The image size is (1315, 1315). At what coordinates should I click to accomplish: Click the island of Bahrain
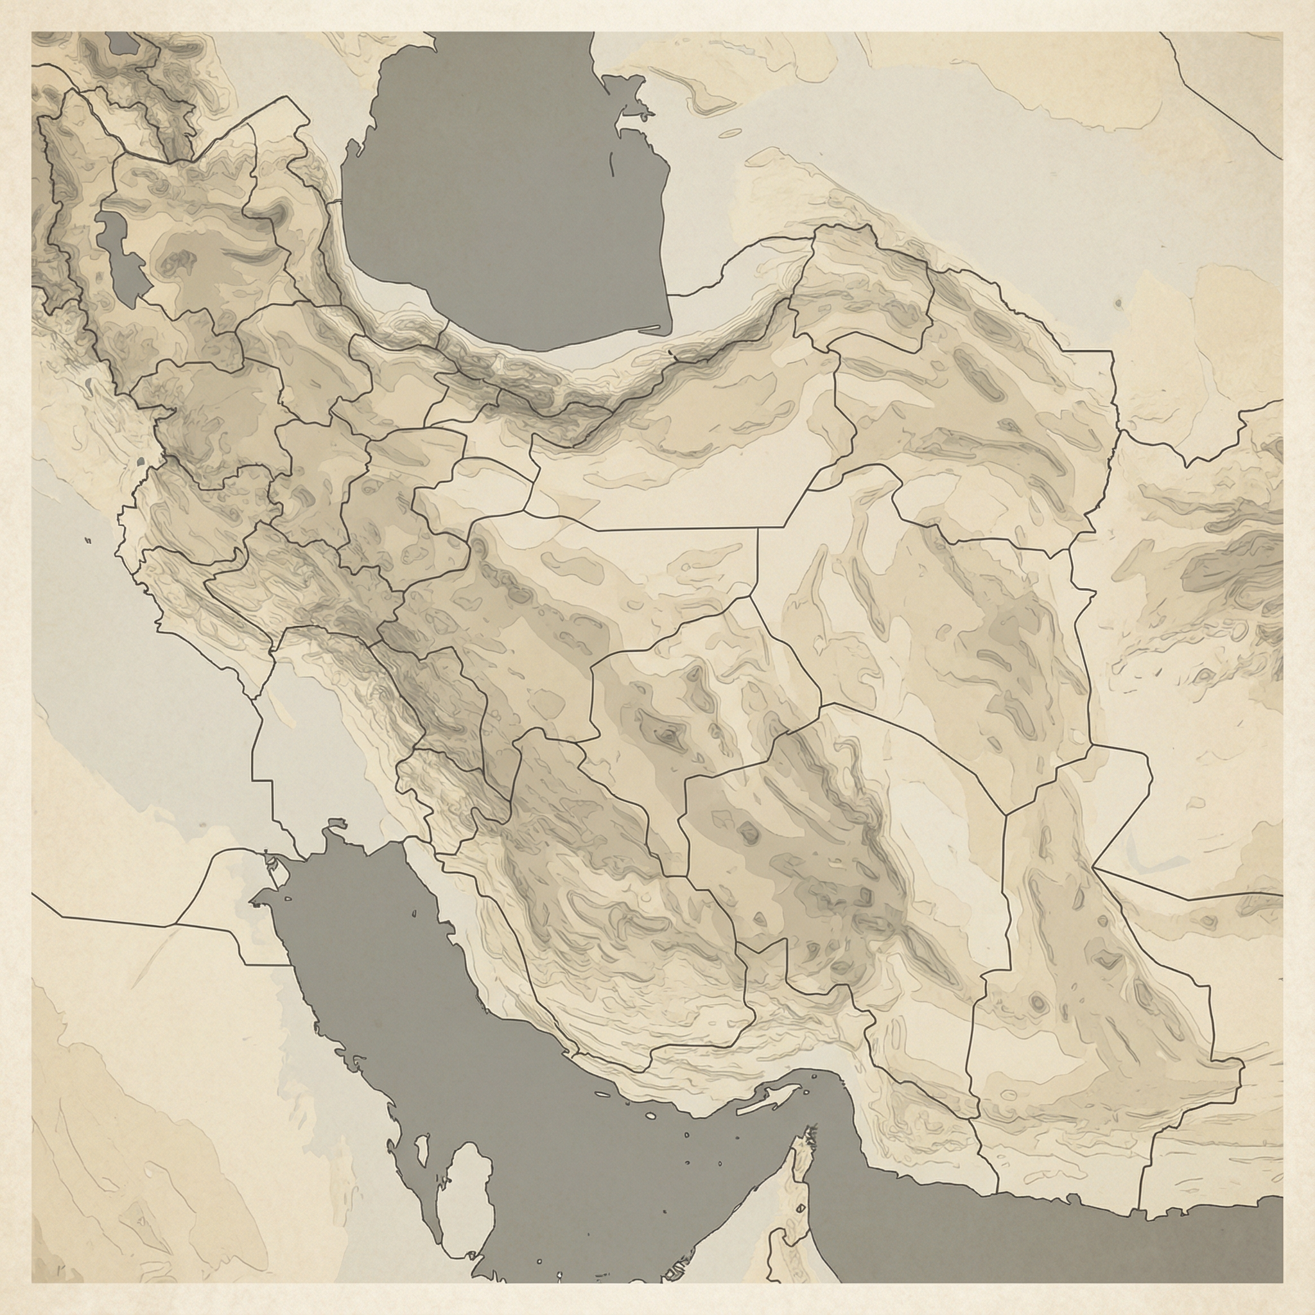tap(421, 1150)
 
